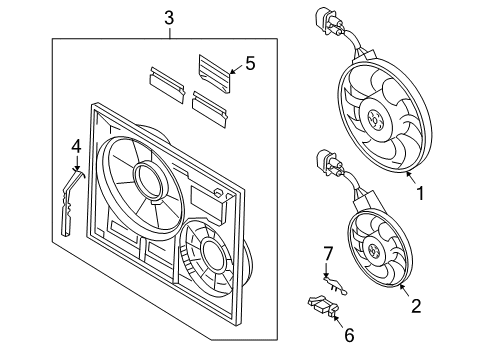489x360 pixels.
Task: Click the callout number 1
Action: tap(421, 193)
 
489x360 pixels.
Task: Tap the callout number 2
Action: tap(416, 306)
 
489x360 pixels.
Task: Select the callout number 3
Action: tap(169, 18)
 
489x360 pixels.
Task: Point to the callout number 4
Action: tap(76, 147)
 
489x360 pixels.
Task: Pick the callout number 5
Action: tap(250, 63)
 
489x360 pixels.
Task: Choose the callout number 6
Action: tap(349, 335)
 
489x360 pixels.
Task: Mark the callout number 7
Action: tap(328, 254)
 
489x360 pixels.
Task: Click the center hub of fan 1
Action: tap(374, 118)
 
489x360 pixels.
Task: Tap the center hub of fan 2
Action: tap(373, 250)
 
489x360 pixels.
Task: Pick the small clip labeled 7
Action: tap(335, 285)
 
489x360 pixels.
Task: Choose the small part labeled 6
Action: tap(323, 305)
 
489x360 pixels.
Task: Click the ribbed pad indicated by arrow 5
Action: tap(215, 73)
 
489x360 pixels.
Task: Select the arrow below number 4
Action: tap(77, 164)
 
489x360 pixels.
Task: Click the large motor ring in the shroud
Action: tap(150, 180)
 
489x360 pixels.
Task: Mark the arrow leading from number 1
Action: tap(411, 177)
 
